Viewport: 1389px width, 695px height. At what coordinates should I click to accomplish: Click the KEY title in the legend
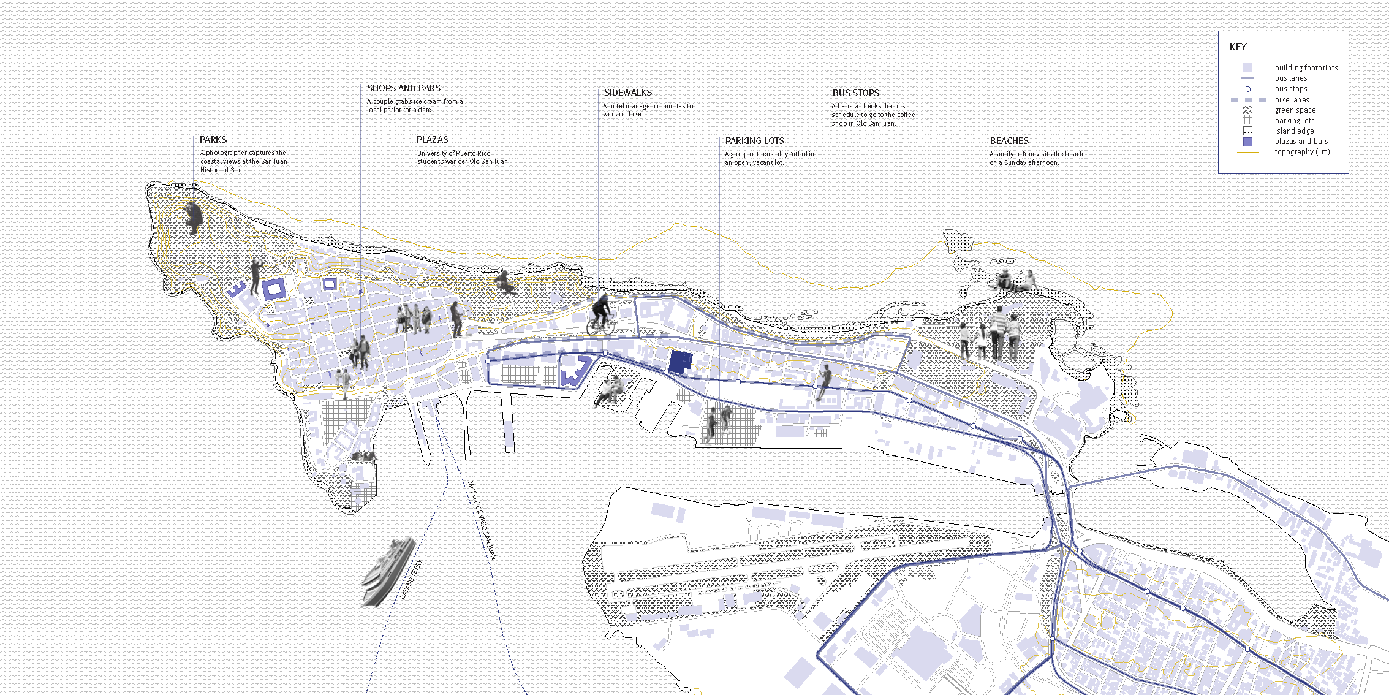(x=1238, y=47)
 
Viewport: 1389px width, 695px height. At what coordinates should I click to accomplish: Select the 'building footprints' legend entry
(x=1306, y=68)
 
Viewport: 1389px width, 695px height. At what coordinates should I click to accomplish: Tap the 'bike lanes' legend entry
(x=1292, y=100)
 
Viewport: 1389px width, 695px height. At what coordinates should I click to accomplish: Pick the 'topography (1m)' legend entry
(x=1302, y=152)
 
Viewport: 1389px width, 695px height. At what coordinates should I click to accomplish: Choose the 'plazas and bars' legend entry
(x=1301, y=142)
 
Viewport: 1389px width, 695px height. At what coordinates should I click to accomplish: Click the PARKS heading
(x=213, y=140)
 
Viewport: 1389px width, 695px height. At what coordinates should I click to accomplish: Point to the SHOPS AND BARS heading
(x=404, y=88)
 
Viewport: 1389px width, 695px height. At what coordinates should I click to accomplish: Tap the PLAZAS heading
(x=433, y=140)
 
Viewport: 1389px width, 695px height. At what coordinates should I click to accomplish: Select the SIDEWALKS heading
(x=628, y=93)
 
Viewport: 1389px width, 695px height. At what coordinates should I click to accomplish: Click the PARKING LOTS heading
(x=755, y=141)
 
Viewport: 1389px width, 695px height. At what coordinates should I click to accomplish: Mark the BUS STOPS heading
(x=856, y=93)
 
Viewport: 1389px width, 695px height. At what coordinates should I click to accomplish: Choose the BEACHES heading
(x=1009, y=141)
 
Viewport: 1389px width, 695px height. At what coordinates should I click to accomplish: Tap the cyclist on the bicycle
(x=601, y=316)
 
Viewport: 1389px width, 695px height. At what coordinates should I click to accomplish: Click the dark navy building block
(x=681, y=362)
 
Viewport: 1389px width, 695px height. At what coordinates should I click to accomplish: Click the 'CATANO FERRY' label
(x=411, y=580)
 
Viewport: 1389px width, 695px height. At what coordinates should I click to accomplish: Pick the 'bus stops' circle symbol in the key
(x=1247, y=89)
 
